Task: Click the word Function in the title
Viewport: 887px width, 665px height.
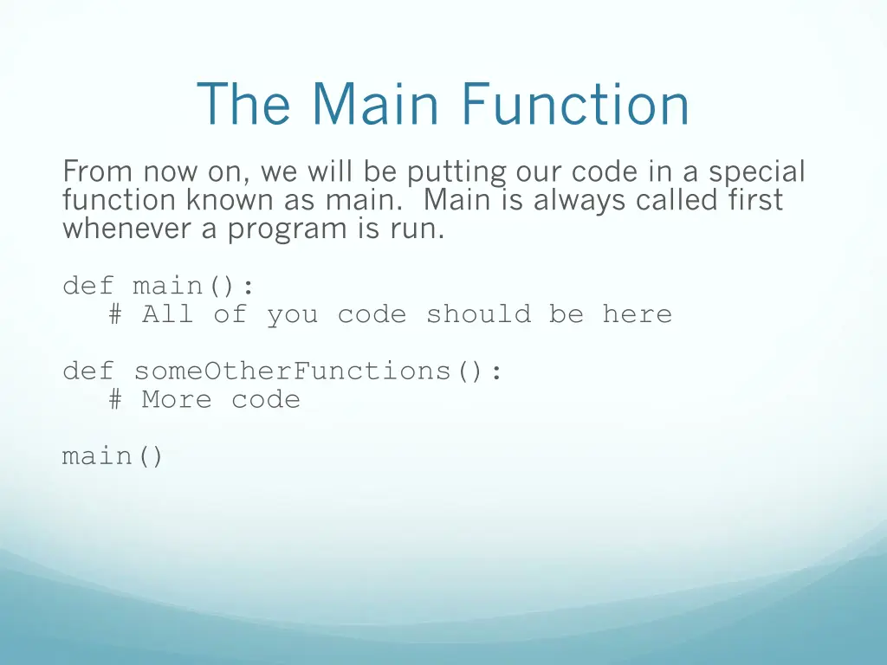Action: click(575, 104)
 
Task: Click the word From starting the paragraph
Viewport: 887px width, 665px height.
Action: click(98, 171)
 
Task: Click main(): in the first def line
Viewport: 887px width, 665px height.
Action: click(194, 286)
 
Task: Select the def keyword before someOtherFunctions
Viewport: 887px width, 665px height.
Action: click(88, 371)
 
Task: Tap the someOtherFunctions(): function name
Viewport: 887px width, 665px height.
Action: click(318, 371)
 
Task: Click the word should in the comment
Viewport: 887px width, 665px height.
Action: click(478, 314)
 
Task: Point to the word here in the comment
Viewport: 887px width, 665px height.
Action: click(637, 314)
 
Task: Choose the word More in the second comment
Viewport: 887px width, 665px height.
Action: click(177, 400)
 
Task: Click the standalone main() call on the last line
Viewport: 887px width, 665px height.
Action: click(113, 456)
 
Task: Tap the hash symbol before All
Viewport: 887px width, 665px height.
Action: click(116, 314)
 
